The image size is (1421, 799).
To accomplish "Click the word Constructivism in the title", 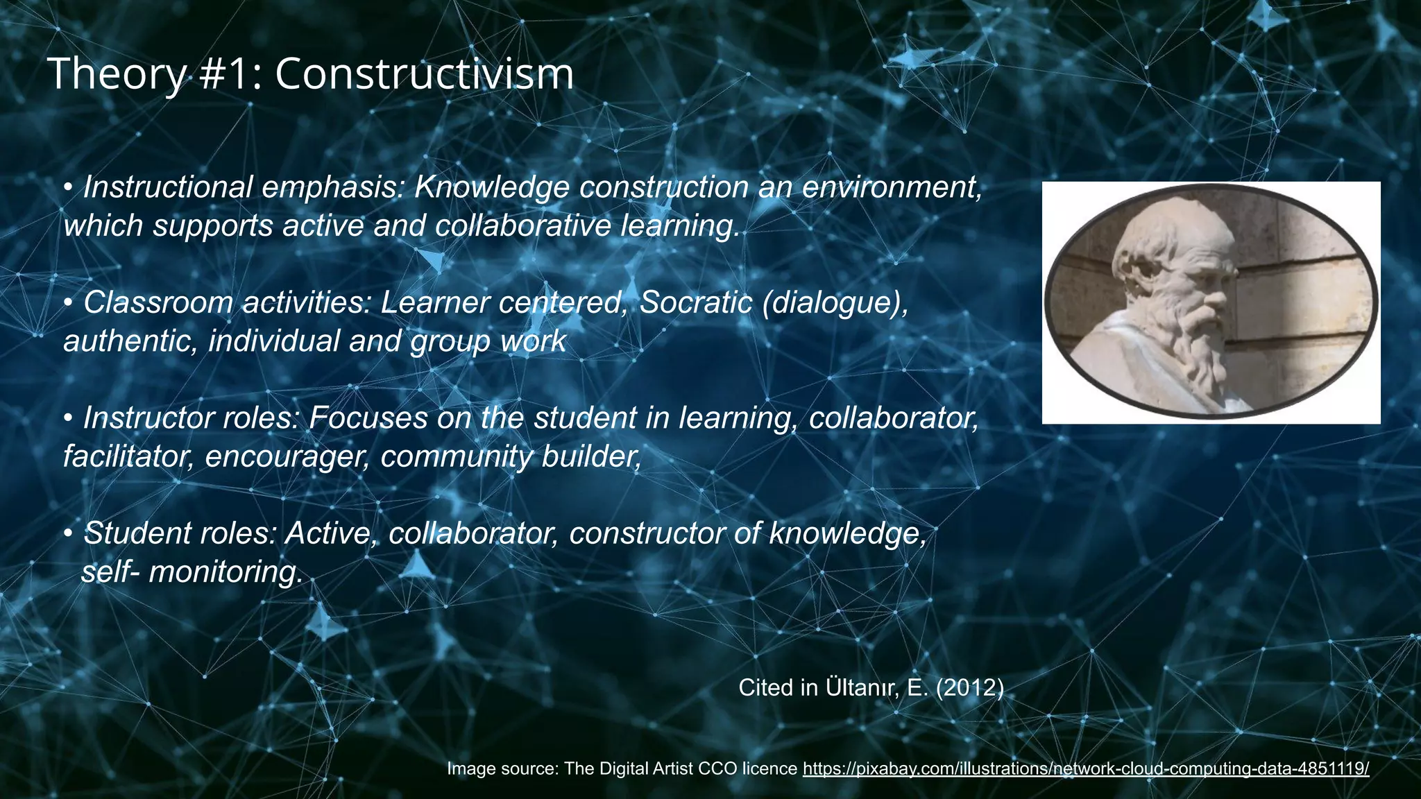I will [424, 74].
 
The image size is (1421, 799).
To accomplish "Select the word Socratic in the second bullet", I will [695, 302].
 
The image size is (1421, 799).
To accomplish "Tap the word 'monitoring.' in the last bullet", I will [226, 572].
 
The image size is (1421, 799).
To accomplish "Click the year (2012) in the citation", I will [969, 687].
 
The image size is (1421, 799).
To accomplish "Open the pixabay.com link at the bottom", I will [1086, 768].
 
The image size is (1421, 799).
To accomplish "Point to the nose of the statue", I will [1216, 300].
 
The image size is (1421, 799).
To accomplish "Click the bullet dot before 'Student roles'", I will [68, 534].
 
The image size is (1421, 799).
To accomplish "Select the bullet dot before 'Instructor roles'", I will [68, 419].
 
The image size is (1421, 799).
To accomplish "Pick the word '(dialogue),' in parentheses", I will [835, 302].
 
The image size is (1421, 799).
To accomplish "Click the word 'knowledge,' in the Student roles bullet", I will [847, 533].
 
